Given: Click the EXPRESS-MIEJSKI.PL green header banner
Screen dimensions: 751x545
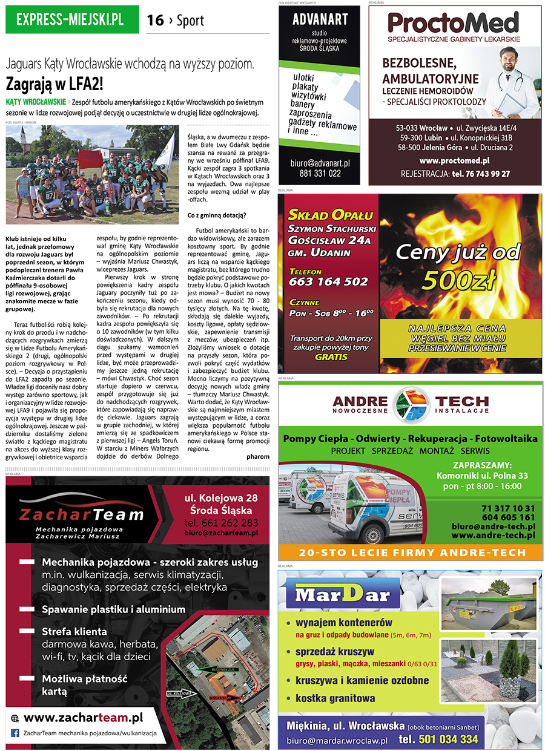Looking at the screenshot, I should pyautogui.click(x=71, y=20).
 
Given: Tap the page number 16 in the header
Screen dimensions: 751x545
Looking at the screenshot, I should pyautogui.click(x=155, y=21).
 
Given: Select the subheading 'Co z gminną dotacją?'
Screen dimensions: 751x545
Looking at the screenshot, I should pyautogui.click(x=217, y=215).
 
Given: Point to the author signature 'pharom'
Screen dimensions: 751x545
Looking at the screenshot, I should pyautogui.click(x=258, y=456).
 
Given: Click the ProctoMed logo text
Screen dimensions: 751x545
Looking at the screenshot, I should pyautogui.click(x=454, y=24).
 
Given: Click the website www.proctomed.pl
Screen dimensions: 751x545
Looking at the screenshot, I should pyautogui.click(x=454, y=160).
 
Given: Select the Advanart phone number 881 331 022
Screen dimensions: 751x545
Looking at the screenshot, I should pyautogui.click(x=320, y=173).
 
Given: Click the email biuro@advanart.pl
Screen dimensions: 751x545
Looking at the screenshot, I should pyautogui.click(x=320, y=163).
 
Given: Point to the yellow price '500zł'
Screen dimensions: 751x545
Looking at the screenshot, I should pyautogui.click(x=459, y=279).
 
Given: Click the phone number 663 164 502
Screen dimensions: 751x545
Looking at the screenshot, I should pyautogui.click(x=328, y=281).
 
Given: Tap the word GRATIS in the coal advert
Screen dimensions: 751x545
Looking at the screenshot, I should pyautogui.click(x=331, y=357).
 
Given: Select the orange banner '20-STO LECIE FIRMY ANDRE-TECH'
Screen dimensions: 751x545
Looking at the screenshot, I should pyautogui.click(x=411, y=553).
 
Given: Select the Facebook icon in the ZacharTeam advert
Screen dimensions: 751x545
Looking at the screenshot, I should pyautogui.click(x=15, y=733).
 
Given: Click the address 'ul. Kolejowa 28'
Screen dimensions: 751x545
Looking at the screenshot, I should pyautogui.click(x=221, y=498).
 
